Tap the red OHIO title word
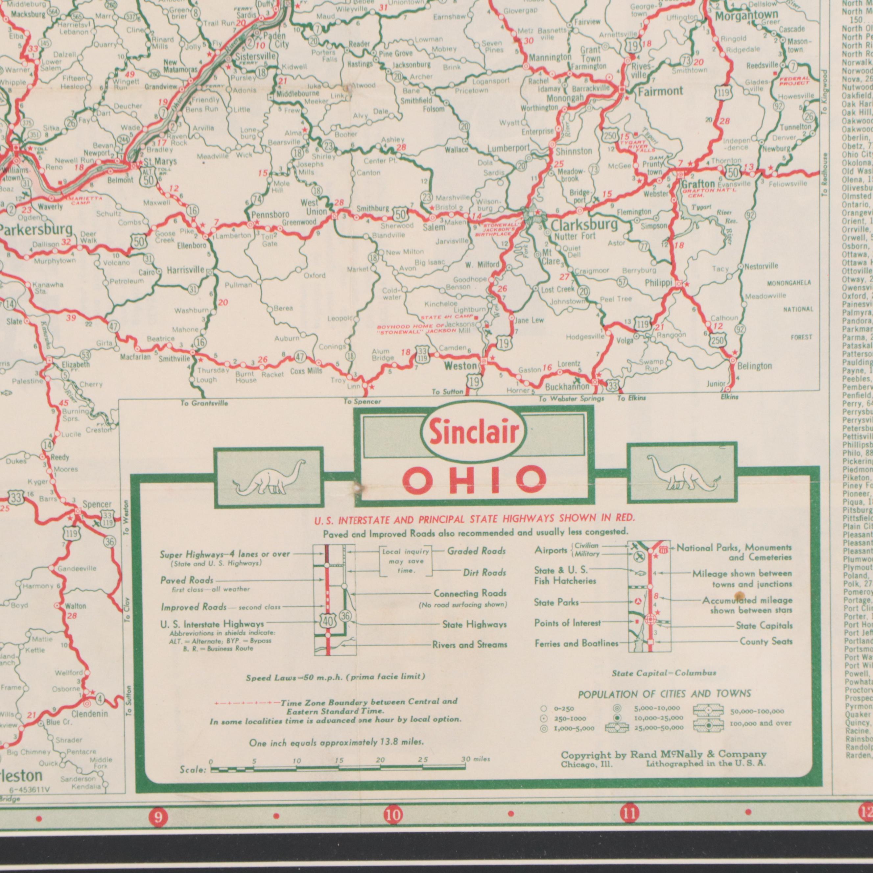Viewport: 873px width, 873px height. coord(474,480)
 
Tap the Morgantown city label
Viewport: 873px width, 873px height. coord(746,16)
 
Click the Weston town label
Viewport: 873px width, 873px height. coord(460,366)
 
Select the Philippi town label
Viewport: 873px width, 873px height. coord(658,282)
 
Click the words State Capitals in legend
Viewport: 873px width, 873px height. coord(764,625)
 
